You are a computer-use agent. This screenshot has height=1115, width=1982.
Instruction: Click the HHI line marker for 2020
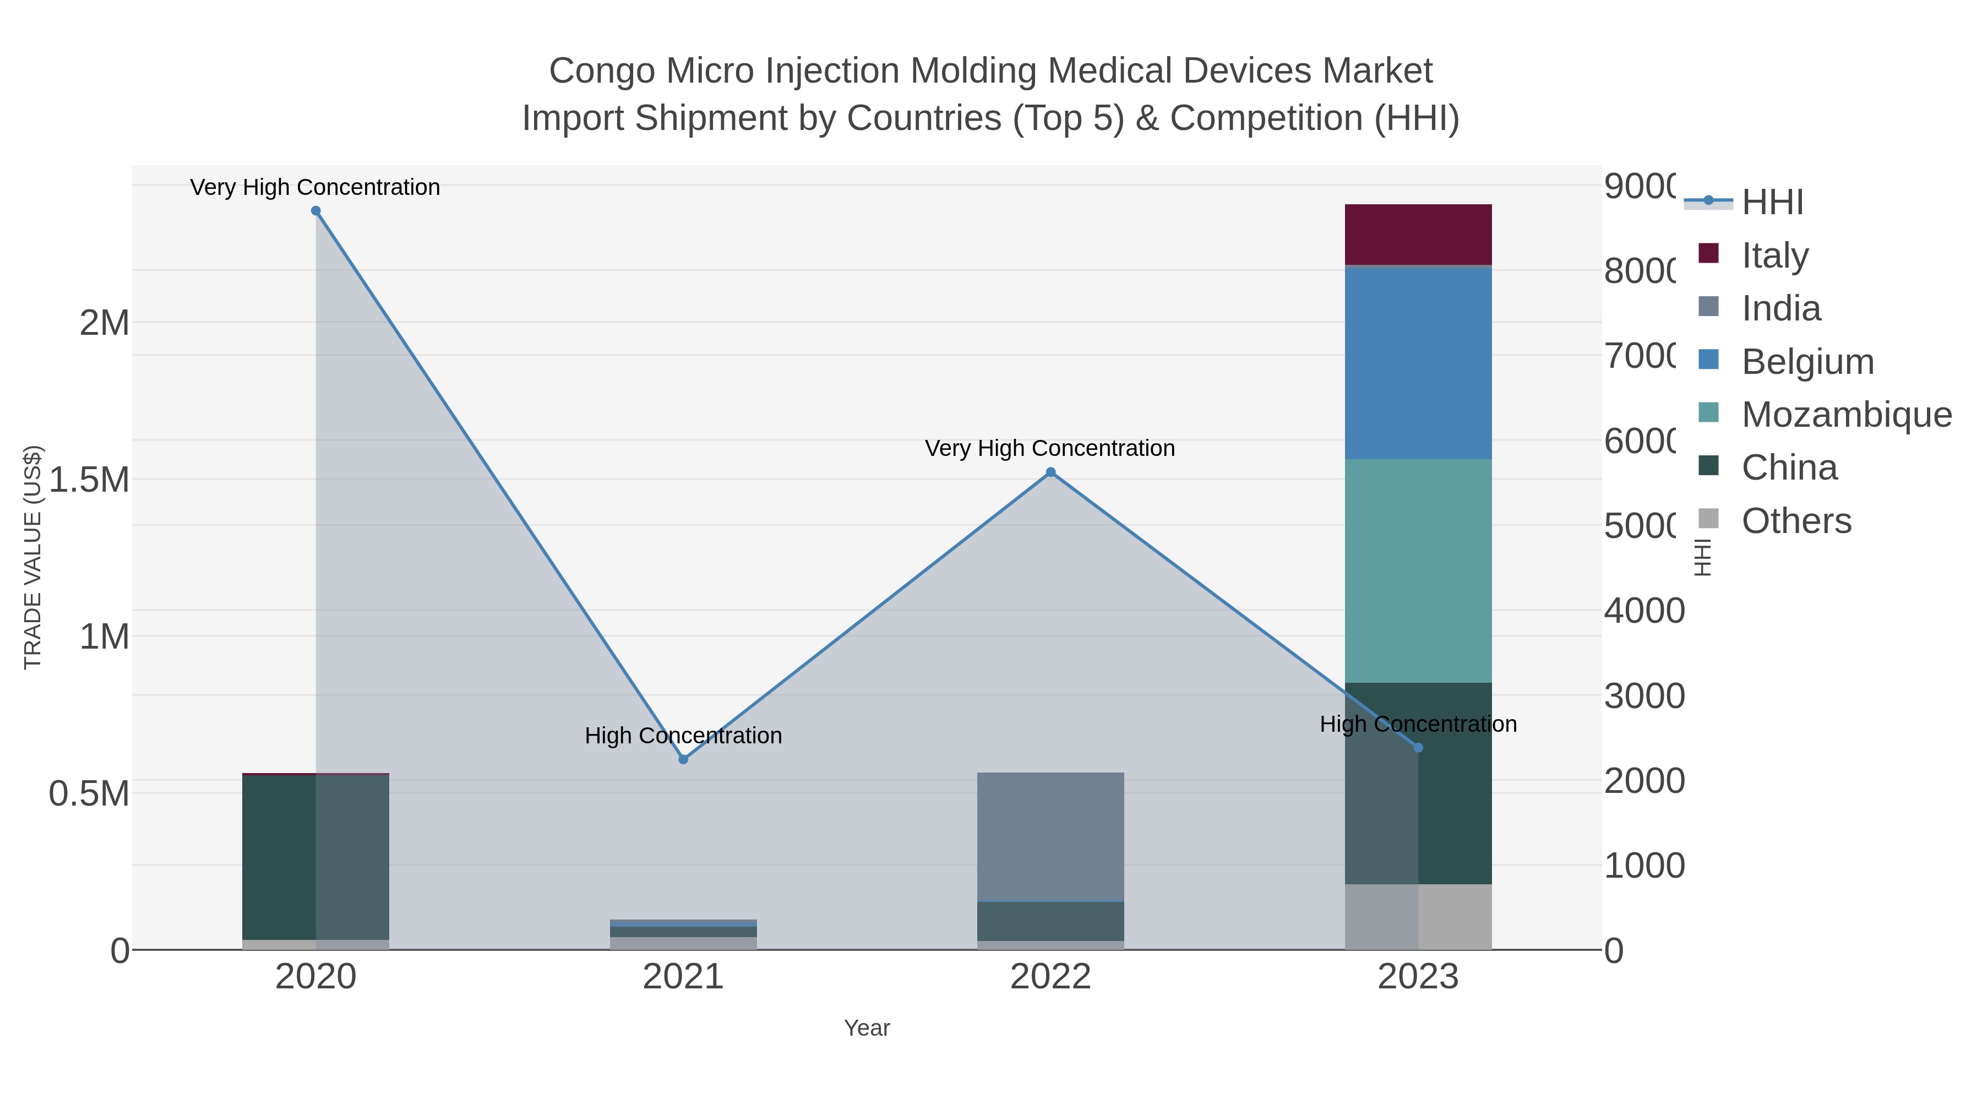[x=315, y=211]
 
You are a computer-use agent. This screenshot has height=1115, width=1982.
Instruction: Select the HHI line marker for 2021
[x=683, y=759]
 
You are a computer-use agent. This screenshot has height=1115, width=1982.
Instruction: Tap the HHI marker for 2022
[x=1050, y=472]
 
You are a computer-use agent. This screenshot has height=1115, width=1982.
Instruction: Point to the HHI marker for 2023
[x=1418, y=747]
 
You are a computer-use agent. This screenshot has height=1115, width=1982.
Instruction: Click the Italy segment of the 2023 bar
[x=1418, y=235]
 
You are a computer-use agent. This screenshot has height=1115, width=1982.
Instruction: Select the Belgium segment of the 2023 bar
[x=1418, y=362]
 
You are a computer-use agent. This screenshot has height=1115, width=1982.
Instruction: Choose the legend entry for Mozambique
[x=1846, y=415]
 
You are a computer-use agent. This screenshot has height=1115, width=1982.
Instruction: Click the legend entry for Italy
[x=1774, y=255]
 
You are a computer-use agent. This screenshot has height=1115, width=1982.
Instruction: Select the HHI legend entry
[x=1772, y=203]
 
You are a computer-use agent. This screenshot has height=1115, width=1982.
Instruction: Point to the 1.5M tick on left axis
[x=89, y=480]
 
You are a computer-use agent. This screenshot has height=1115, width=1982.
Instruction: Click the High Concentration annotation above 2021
[x=683, y=736]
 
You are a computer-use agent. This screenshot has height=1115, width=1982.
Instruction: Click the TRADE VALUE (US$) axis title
[x=32, y=557]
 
